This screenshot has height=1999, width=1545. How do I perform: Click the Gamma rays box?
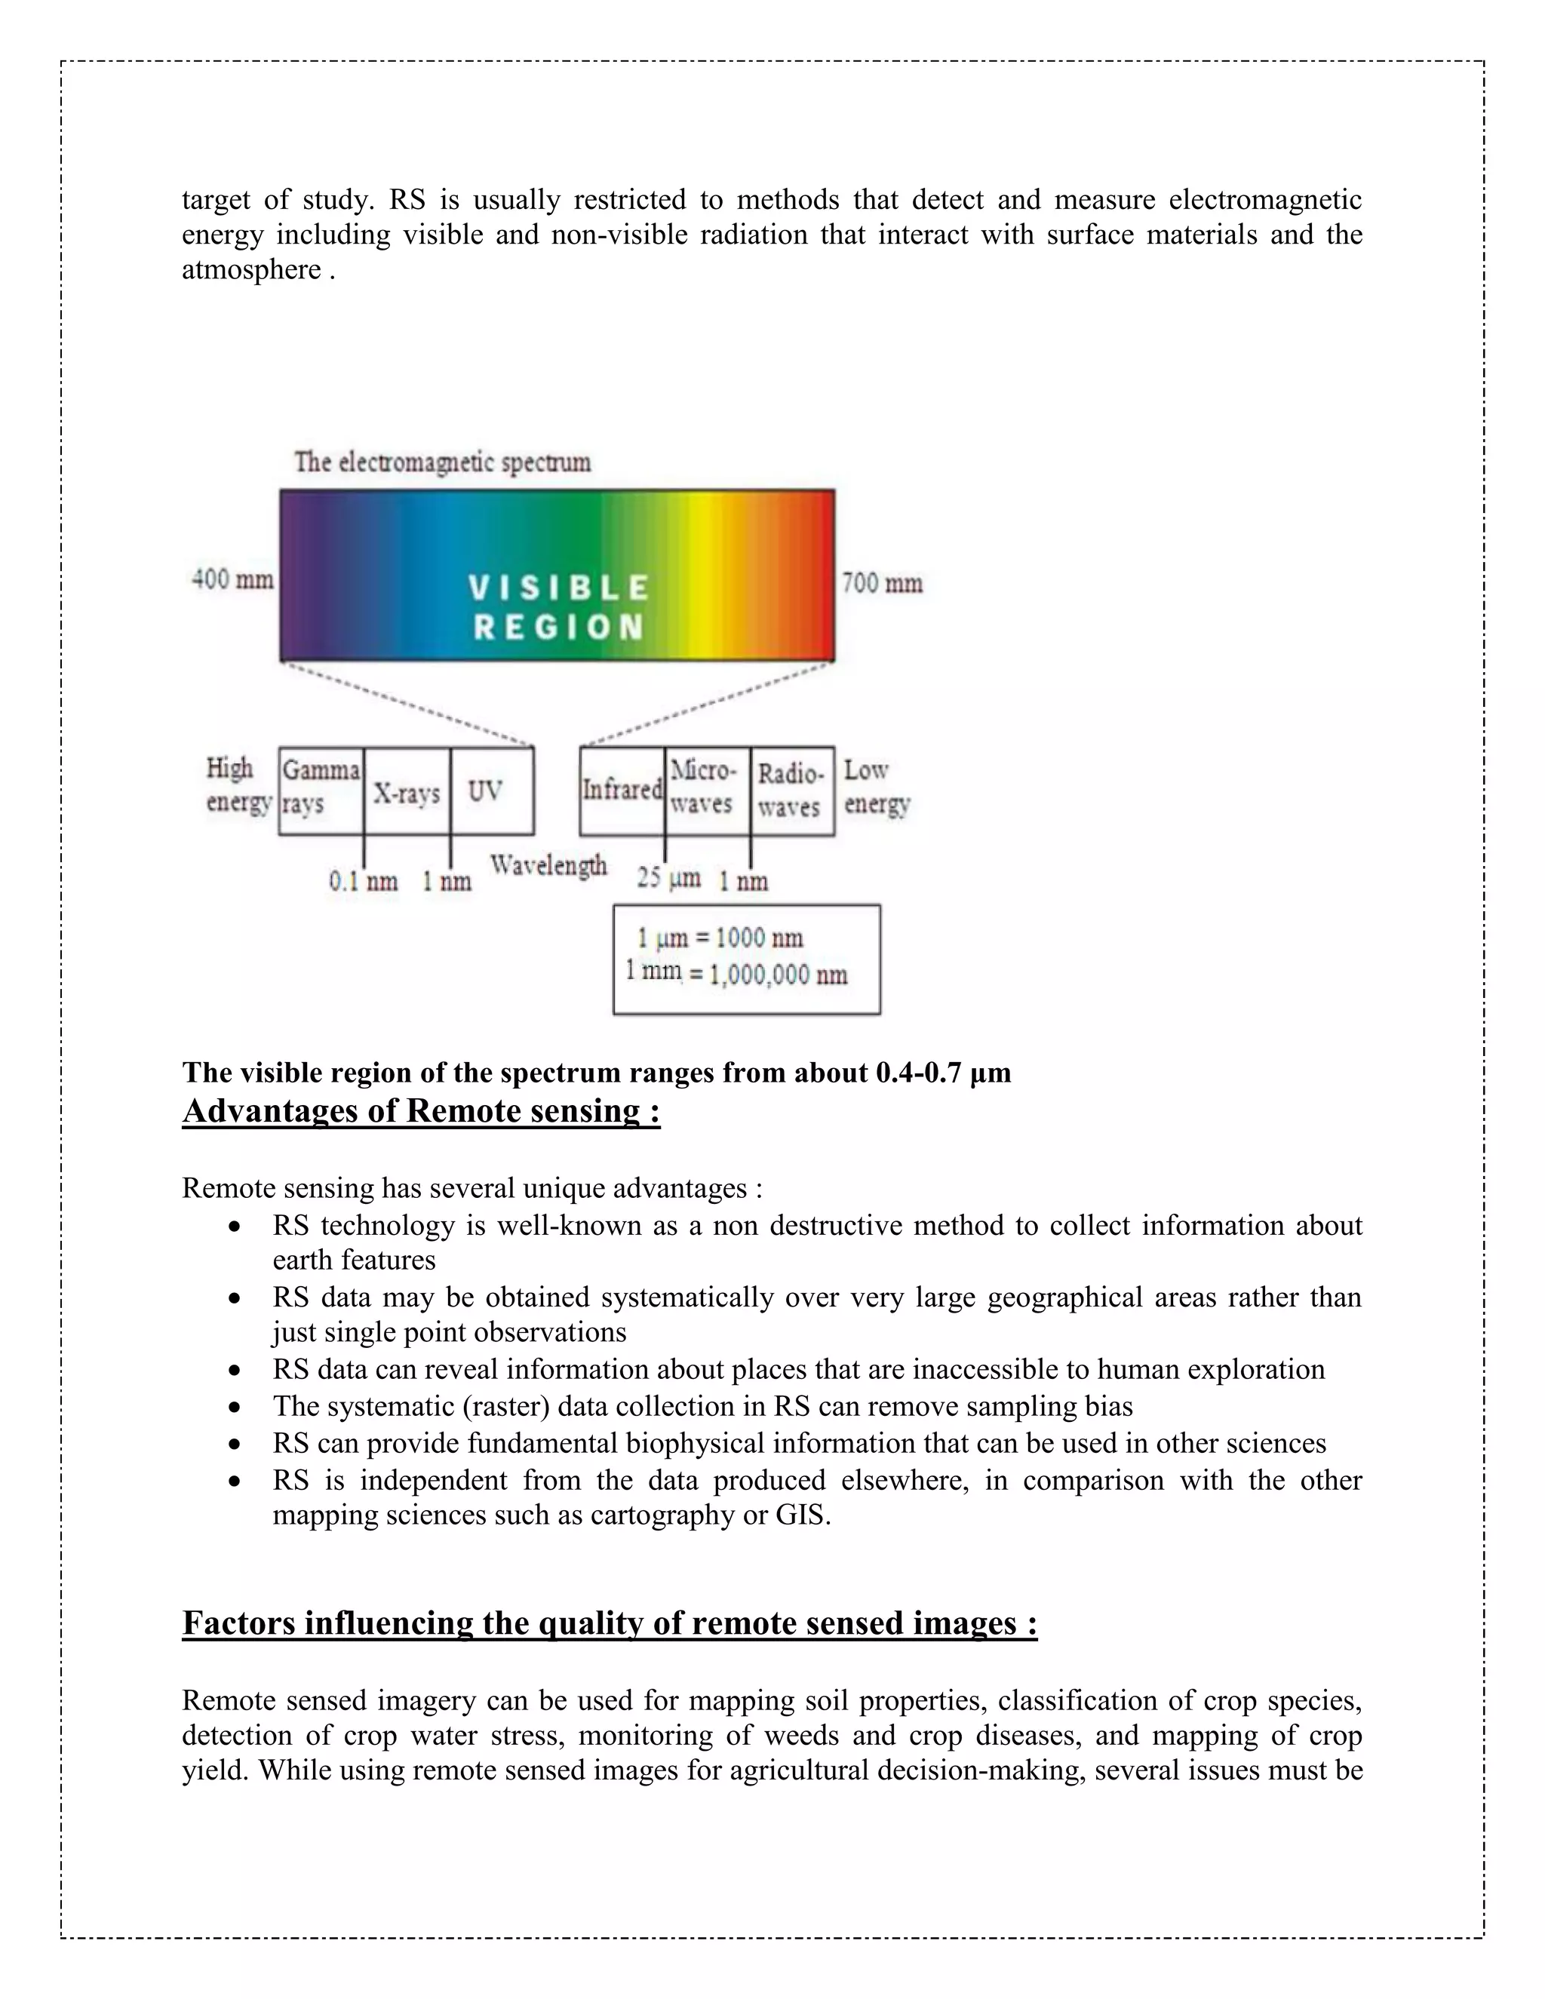pyautogui.click(x=321, y=789)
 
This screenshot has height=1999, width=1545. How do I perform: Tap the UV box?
pyautogui.click(x=492, y=791)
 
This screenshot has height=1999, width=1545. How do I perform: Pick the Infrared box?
pyautogui.click(x=622, y=790)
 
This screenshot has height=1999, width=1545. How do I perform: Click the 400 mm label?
pyautogui.click(x=232, y=580)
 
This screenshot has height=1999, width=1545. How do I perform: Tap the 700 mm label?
pyautogui.click(x=881, y=584)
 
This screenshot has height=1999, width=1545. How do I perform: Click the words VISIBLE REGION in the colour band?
pyautogui.click(x=558, y=606)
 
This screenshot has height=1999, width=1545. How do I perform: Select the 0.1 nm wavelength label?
pyautogui.click(x=364, y=881)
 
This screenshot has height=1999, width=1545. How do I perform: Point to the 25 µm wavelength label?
pyautogui.click(x=668, y=879)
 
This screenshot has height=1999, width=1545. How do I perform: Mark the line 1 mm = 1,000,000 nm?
pyautogui.click(x=737, y=973)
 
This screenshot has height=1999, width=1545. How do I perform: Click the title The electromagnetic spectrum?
pyautogui.click(x=442, y=462)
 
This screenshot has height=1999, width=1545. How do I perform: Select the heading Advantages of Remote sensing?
pyautogui.click(x=421, y=1111)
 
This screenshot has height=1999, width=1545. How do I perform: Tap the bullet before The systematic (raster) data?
pyautogui.click(x=236, y=1407)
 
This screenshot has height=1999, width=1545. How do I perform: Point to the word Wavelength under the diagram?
pyautogui.click(x=548, y=865)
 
